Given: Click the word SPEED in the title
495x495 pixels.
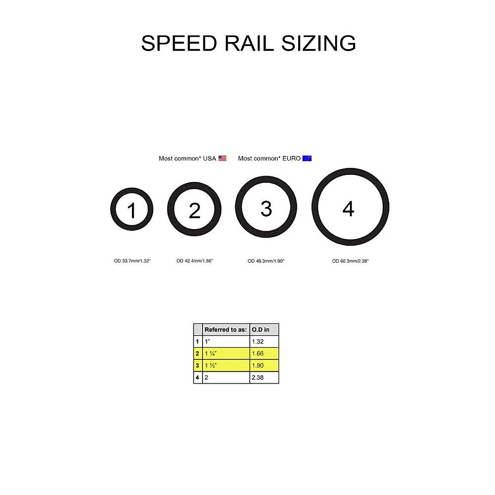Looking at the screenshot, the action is tap(179, 43).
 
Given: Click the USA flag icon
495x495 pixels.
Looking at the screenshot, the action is tap(222, 158).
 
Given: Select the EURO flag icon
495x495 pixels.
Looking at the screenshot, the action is tap(307, 158).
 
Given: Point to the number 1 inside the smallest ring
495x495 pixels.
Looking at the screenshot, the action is tap(132, 210).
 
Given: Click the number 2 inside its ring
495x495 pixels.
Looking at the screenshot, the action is tap(194, 210).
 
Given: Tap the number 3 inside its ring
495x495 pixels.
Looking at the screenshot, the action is tap(266, 208).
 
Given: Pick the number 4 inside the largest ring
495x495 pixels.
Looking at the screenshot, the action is tap(349, 209).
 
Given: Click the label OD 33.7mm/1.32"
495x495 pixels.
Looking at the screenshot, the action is tap(132, 261).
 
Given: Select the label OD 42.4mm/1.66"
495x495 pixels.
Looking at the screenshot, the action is tap(195, 261).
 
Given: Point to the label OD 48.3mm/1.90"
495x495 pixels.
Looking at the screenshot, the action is tap(266, 261).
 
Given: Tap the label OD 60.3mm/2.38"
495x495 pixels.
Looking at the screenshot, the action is tap(350, 261).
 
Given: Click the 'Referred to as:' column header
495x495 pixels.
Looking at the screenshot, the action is tap(226, 330).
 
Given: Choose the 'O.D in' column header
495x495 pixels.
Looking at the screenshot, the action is tap(261, 330).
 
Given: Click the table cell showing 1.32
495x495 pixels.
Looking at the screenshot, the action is tap(264, 342).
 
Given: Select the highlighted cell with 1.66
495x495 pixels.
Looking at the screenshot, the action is tap(264, 354).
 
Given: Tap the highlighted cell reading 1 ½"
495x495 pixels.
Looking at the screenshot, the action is tap(226, 365).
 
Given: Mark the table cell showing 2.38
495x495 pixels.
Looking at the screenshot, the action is tap(264, 377).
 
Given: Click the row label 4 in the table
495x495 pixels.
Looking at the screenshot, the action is tap(198, 377).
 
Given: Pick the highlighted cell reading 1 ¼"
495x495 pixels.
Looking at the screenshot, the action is tap(226, 354).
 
